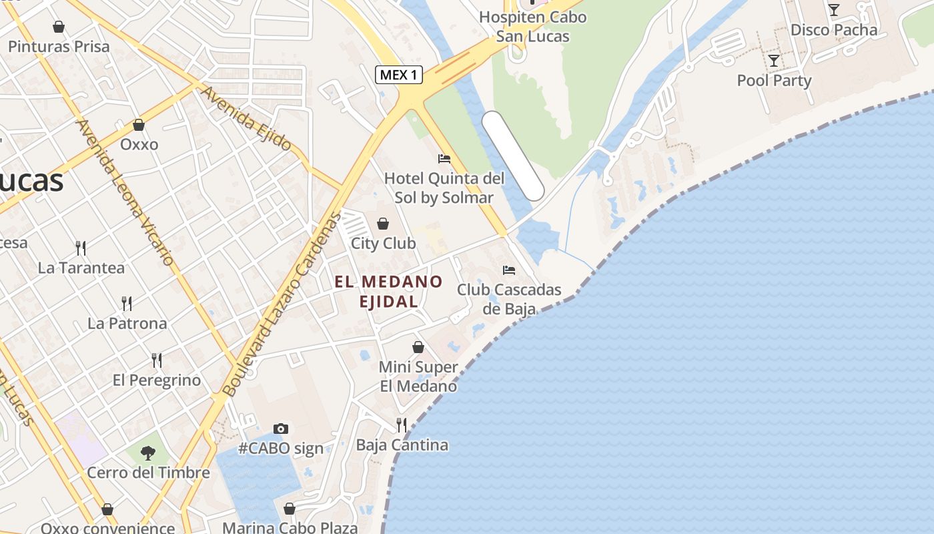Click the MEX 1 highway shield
400,75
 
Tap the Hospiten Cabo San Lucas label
532,26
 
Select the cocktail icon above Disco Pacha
833,10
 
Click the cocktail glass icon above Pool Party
774,61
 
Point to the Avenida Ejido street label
246,118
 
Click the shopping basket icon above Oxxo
139,125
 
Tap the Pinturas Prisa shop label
59,47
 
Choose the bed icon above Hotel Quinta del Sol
444,159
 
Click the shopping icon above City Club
383,224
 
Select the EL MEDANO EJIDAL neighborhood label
389,292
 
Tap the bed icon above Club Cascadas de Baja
509,270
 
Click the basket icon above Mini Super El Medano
418,347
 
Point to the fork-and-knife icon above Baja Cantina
402,425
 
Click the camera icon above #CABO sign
281,429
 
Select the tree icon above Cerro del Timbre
148,453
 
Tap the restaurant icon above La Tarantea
81,248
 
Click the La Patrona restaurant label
127,323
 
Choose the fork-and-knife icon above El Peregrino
157,360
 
